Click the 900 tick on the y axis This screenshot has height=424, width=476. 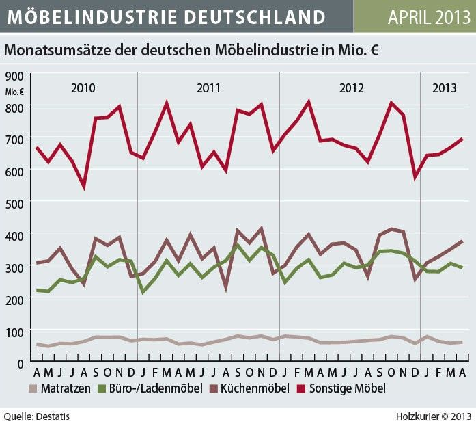pos(14,76)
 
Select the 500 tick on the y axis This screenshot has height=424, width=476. pos(14,202)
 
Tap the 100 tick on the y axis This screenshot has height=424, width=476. pos(14,330)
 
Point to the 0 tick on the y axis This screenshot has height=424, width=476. pos(20,362)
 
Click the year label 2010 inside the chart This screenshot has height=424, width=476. pos(83,88)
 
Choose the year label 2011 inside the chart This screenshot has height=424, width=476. pos(208,88)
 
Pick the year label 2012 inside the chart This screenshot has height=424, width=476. pos(351,88)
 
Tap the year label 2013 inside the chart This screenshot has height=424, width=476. pos(445,88)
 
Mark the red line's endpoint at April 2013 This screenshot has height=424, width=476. pos(462,139)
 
